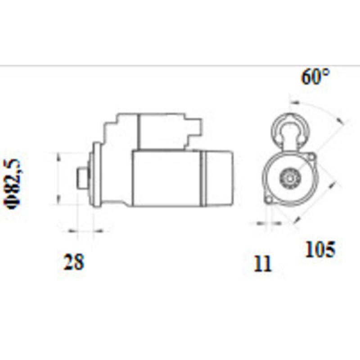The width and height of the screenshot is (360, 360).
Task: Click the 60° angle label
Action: click(315, 77)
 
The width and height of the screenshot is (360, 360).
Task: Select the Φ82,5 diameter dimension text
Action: click(14, 183)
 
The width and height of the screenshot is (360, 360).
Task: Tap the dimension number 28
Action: click(74, 262)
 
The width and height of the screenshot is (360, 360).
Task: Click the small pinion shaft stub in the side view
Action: click(82, 178)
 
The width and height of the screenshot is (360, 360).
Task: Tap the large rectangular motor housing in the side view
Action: click(166, 179)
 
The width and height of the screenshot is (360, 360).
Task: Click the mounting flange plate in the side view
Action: click(95, 175)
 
